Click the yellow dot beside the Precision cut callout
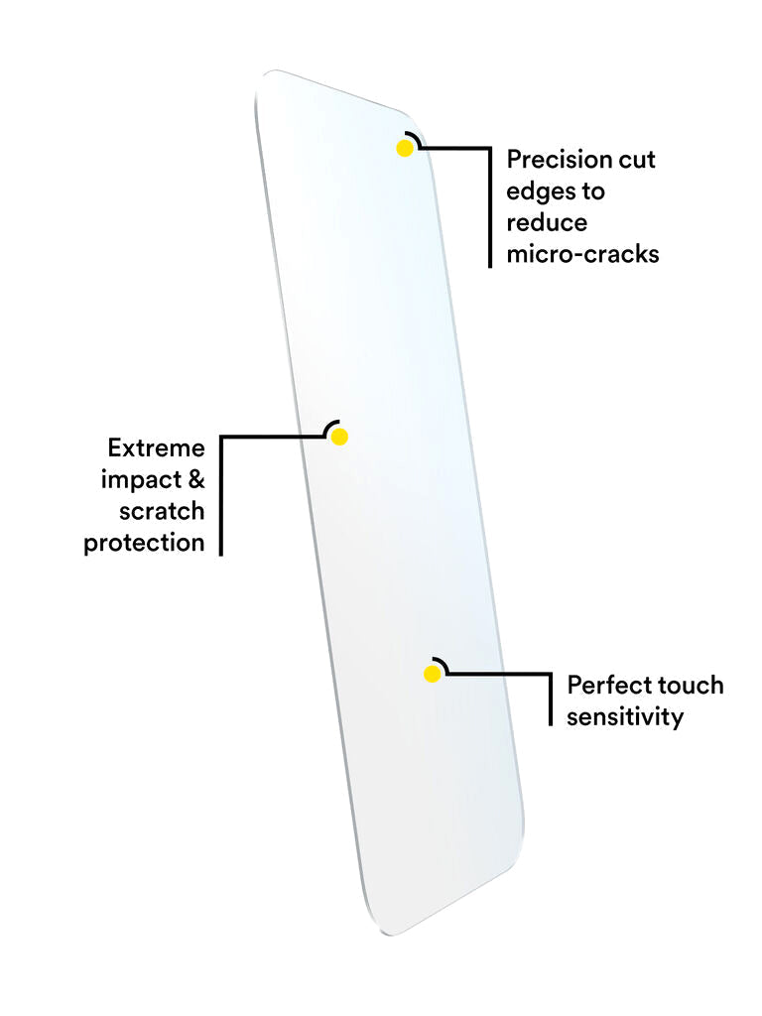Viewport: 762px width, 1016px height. (404, 149)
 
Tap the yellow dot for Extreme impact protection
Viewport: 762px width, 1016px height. (339, 437)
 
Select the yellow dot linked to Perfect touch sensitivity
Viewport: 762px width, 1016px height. (432, 675)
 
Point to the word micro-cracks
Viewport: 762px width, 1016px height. (582, 254)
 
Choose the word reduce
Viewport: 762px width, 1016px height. (547, 222)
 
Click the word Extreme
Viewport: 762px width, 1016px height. (156, 448)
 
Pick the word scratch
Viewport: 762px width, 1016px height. (162, 512)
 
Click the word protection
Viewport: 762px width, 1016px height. (144, 544)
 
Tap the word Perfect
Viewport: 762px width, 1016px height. (609, 686)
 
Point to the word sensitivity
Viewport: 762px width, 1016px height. (625, 717)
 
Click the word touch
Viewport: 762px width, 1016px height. (691, 686)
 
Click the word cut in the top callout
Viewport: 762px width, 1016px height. (636, 159)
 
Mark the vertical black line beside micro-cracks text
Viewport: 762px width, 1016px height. (490, 208)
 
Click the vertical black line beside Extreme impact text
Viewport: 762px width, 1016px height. (220, 496)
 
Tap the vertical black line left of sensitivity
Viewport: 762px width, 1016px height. (551, 700)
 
